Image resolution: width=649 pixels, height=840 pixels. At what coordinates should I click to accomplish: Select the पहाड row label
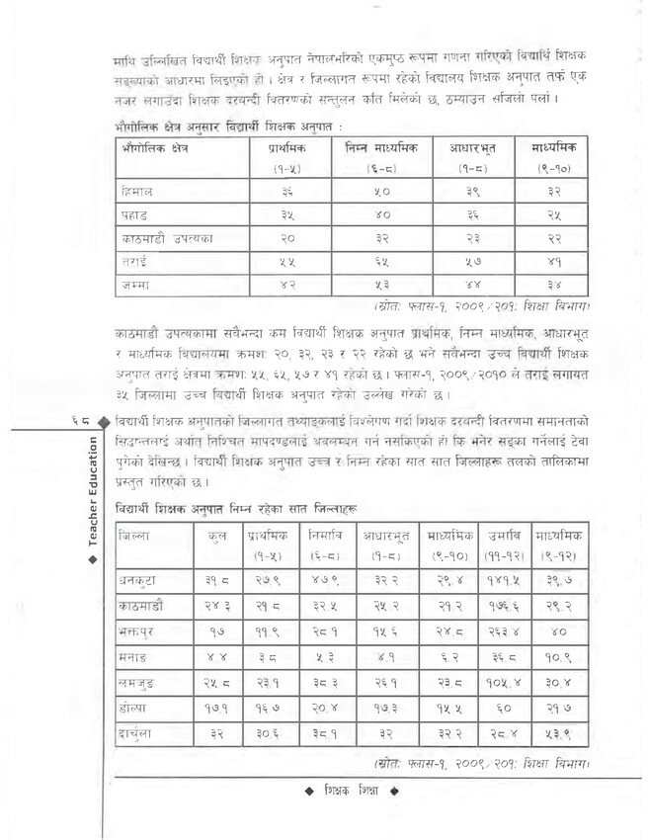[x=136, y=213]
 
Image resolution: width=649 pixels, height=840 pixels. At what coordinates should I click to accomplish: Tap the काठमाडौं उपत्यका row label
[x=164, y=238]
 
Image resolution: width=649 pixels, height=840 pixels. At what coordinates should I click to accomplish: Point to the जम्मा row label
[x=136, y=286]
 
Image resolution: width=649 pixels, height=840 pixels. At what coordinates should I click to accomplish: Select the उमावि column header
[x=504, y=535]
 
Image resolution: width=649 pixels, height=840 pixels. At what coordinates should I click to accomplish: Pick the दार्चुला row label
[x=139, y=734]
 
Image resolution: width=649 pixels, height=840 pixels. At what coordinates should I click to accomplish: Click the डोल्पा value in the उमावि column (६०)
[x=504, y=709]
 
